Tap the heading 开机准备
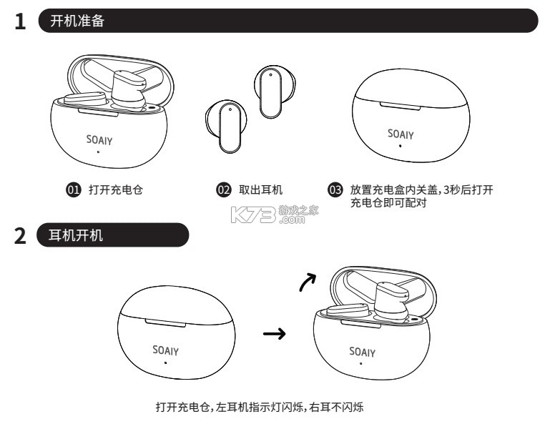pos(77,21)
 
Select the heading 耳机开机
pos(77,235)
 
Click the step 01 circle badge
pos(72,189)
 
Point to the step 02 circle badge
pos(223,189)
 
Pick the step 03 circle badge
pos(335,189)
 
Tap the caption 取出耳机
pos(260,189)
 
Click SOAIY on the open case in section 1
pos(99,140)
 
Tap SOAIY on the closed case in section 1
pos(401,134)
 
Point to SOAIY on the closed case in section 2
pos(165,350)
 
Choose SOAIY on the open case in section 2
pos(362,352)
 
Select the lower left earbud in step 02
pos(224,126)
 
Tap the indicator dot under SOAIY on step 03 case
pos(400,146)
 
